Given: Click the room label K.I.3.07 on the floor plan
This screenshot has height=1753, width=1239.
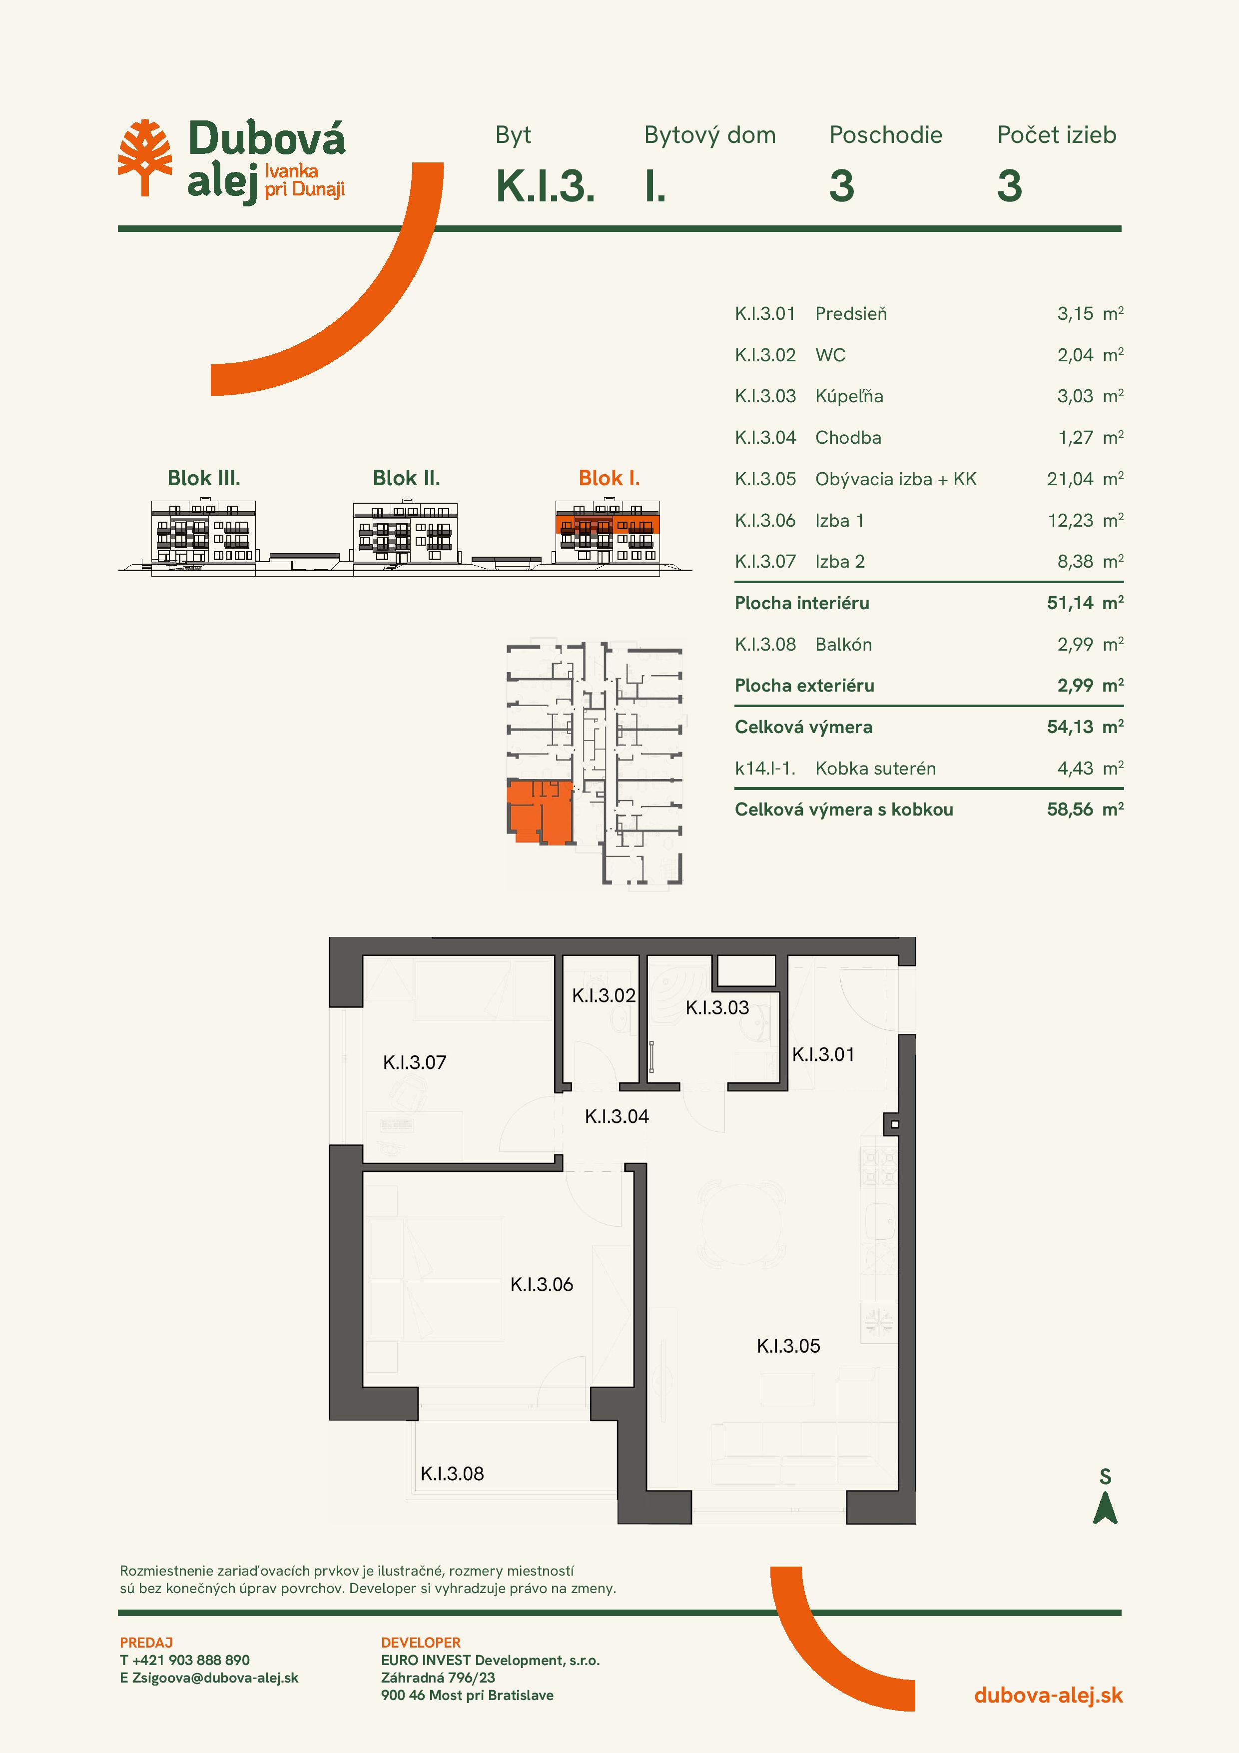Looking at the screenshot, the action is [415, 1062].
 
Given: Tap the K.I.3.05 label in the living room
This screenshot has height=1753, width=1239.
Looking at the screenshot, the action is [788, 1346].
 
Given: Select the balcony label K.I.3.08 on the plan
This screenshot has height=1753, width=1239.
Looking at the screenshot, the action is [452, 1474].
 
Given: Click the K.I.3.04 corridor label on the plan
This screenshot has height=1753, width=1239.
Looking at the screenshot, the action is [617, 1116].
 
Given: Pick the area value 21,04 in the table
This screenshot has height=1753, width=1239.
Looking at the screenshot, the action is [1070, 480].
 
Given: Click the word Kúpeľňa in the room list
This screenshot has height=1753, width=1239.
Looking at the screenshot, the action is [849, 396].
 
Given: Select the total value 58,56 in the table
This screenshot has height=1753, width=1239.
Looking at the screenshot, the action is [1070, 810].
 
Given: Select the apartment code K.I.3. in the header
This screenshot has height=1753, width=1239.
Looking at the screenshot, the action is [545, 185].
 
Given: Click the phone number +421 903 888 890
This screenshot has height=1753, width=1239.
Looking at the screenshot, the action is [191, 1660].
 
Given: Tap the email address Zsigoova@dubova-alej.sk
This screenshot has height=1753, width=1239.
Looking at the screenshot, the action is [215, 1678].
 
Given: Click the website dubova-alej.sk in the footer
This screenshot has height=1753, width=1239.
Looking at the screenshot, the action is [1048, 1695].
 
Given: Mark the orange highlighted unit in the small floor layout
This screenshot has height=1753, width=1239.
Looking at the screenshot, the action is [540, 812].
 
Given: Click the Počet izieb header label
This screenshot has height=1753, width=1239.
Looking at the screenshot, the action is [1057, 135].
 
